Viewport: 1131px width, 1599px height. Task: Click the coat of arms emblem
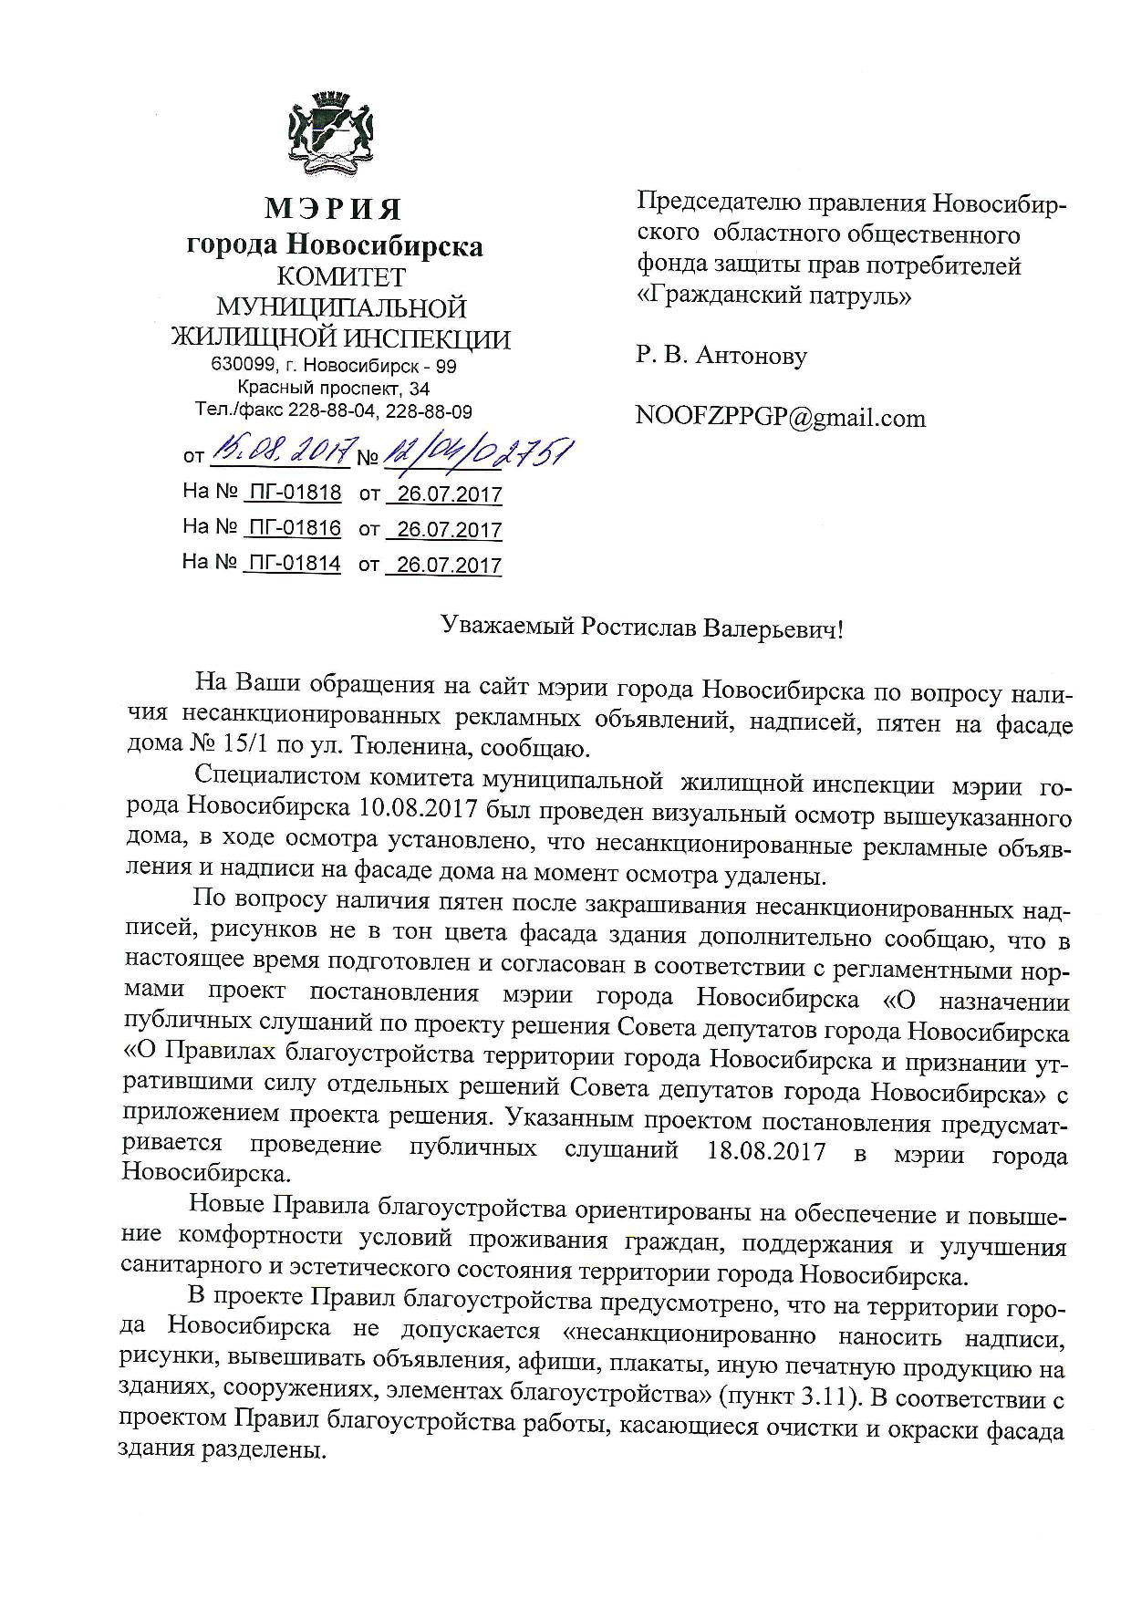point(334,135)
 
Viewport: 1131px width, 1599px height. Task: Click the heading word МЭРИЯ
point(334,209)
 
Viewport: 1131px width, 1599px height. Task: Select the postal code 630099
point(239,367)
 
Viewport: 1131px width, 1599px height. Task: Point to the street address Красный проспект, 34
point(334,389)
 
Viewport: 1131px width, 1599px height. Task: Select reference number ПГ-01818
point(294,493)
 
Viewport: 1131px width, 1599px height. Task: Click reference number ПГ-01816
point(294,528)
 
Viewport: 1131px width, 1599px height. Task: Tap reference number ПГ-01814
point(294,563)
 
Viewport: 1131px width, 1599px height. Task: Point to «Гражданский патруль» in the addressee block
point(773,296)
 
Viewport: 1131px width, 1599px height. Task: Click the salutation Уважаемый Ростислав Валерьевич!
point(642,628)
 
